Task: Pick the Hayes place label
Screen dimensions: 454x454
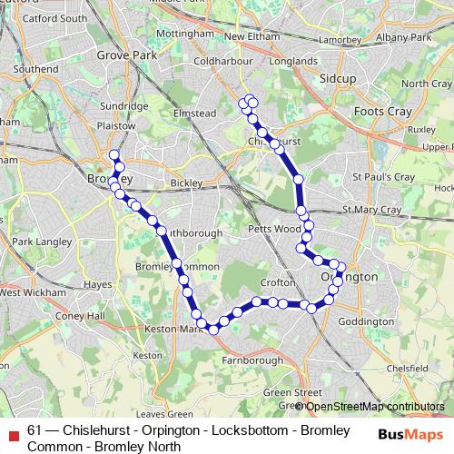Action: click(97, 284)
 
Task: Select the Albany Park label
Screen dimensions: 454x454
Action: click(406, 37)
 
